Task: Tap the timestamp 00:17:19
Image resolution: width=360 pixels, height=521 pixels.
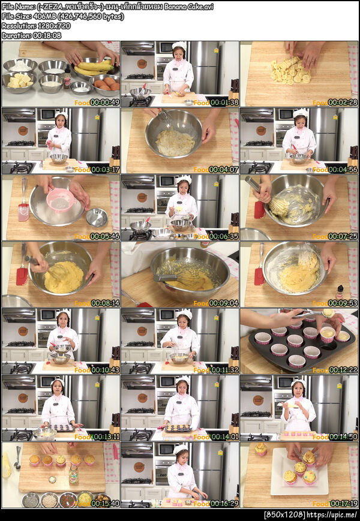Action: coord(343,504)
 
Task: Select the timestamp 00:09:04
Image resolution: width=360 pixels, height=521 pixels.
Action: coord(224,303)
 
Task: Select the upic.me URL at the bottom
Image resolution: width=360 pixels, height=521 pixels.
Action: coord(331,515)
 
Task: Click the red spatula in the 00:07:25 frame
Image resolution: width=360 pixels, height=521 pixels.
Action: coord(259,210)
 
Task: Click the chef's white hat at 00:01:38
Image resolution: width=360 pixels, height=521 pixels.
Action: coord(179,45)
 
